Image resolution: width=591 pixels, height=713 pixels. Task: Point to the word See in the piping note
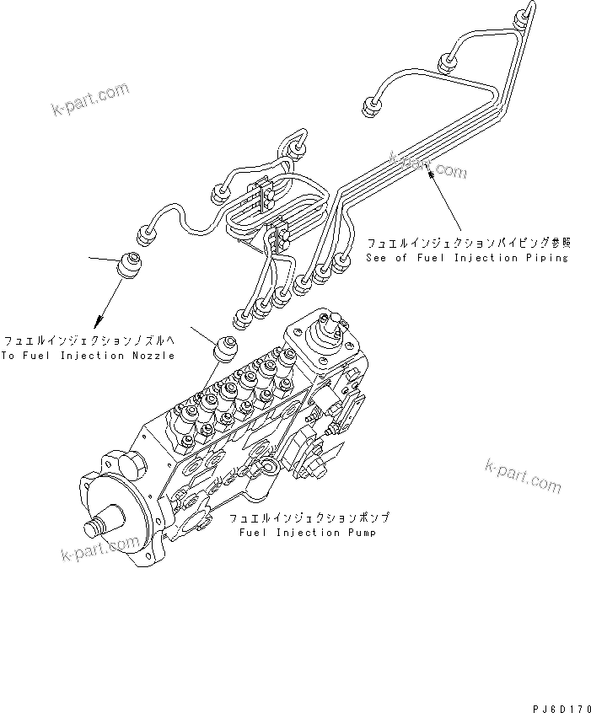[x=378, y=257]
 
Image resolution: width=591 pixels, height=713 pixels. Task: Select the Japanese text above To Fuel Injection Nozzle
[x=88, y=341]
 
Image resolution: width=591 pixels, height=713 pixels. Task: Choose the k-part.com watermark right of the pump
[x=523, y=474]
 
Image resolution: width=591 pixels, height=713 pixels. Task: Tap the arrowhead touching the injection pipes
[x=433, y=174]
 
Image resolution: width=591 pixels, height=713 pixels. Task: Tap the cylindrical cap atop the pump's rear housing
[x=330, y=326]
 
